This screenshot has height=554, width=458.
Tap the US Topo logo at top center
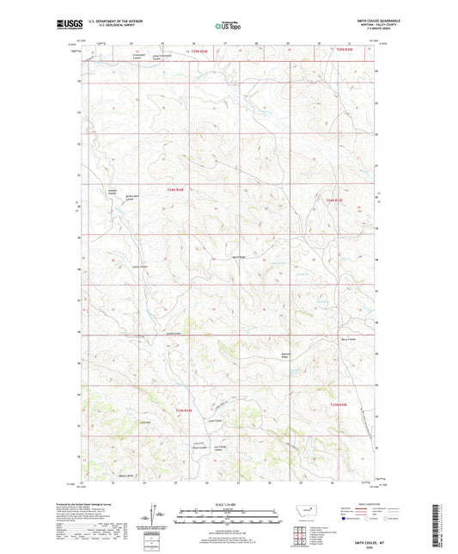[226, 27]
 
